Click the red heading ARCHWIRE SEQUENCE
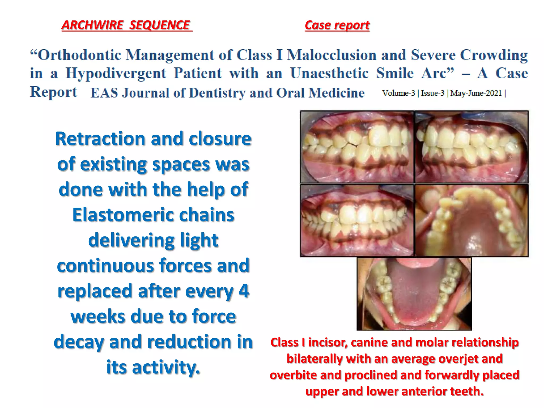pos(126,25)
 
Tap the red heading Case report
pos(337,25)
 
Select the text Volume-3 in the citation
pos(398,93)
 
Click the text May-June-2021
pos(476,93)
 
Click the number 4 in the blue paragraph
pos(244,291)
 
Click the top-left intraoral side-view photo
pos(357,147)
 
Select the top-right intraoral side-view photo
pos(471,147)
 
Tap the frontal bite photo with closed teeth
pos(357,220)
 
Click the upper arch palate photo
pos(471,220)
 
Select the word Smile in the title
pos(394,73)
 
